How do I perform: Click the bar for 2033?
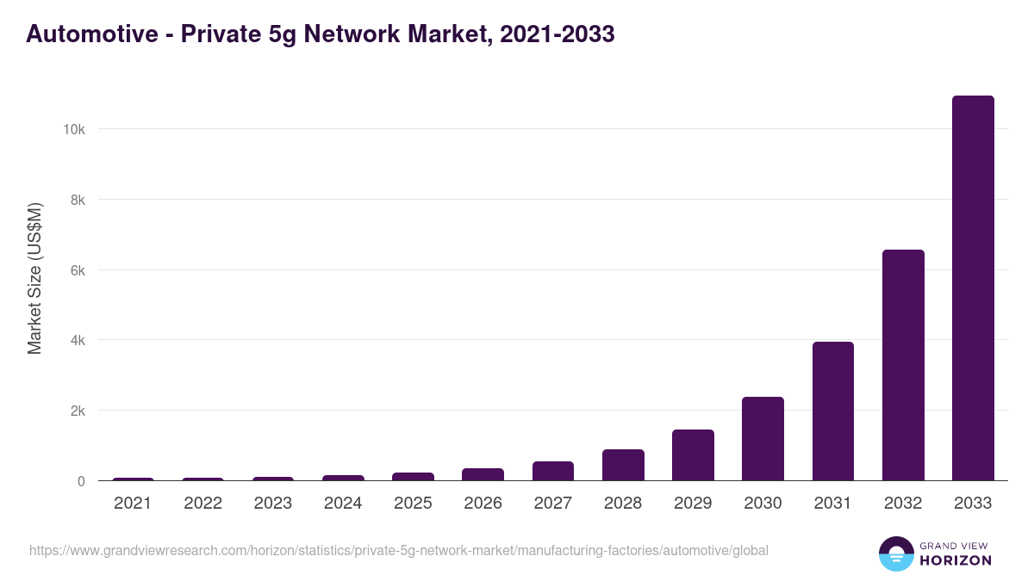click(973, 288)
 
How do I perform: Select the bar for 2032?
click(903, 365)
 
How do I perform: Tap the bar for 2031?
click(832, 411)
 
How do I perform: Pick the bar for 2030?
click(763, 439)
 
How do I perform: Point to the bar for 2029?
click(693, 455)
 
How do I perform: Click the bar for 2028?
click(623, 465)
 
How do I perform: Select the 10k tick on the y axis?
click(73, 129)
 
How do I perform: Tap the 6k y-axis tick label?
click(77, 270)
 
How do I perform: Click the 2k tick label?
click(77, 411)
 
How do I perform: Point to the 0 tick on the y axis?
click(81, 481)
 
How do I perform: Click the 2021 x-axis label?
click(133, 504)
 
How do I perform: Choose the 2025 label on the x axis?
click(413, 504)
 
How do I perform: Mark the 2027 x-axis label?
click(552, 504)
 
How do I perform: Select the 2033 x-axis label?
click(973, 504)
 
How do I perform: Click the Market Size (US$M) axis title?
click(34, 278)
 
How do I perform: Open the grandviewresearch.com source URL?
click(398, 550)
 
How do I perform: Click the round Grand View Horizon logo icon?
click(896, 553)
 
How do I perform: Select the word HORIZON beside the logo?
click(956, 560)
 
